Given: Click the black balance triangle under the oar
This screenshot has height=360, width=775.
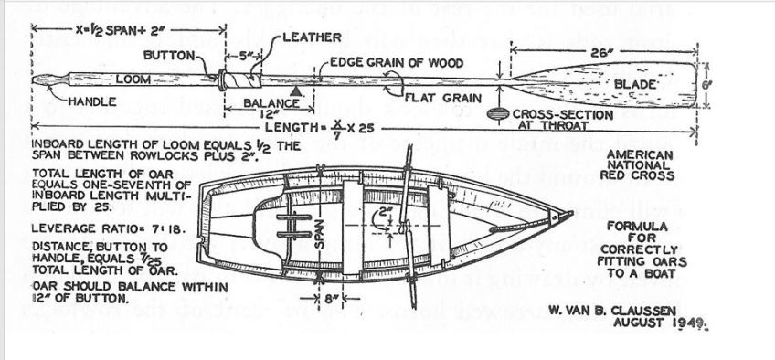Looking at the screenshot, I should (293, 92).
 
